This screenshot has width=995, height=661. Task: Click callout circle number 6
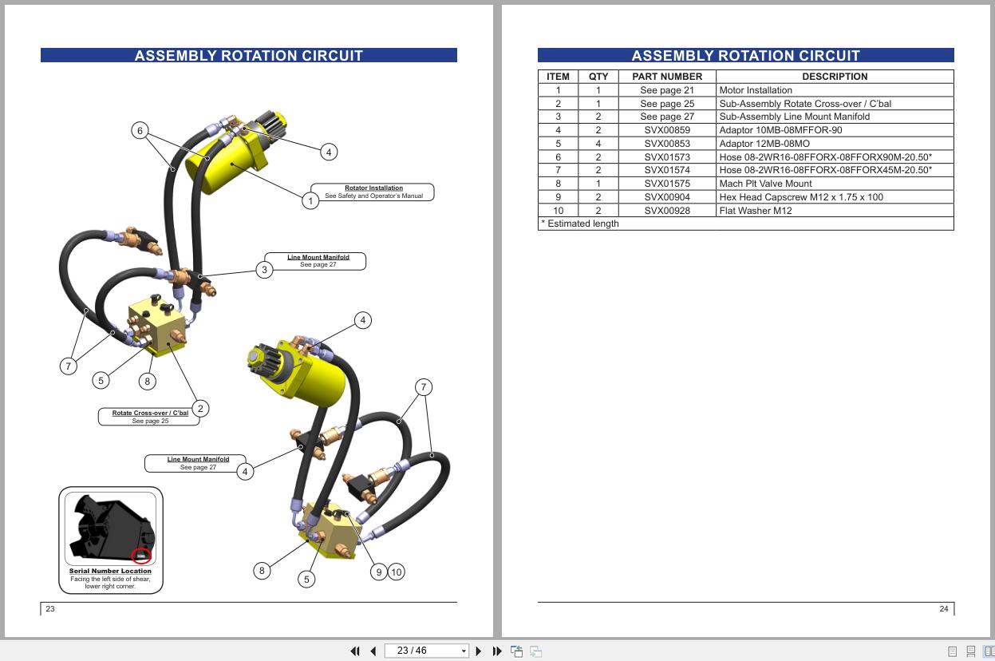140,131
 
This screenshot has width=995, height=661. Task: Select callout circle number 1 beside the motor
310,201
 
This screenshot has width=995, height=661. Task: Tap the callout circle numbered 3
265,270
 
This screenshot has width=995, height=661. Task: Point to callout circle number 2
200,409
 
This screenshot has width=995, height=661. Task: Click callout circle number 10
396,572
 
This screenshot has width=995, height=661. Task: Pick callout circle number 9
379,572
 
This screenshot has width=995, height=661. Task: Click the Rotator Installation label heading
373,188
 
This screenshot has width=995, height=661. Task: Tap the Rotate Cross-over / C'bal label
150,414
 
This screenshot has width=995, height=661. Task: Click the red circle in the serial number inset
141,556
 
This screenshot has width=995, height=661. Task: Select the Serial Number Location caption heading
110,571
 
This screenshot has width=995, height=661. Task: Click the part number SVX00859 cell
667,130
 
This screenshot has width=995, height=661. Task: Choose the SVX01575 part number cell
667,184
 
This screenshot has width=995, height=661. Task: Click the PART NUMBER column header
667,77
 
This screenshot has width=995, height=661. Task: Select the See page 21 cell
667,90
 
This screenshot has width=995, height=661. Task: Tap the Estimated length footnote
580,224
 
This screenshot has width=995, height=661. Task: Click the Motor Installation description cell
756,90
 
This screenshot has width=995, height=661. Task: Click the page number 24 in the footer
944,609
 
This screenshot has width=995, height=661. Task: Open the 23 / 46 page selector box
426,651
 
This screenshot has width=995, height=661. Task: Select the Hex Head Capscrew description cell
801,197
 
